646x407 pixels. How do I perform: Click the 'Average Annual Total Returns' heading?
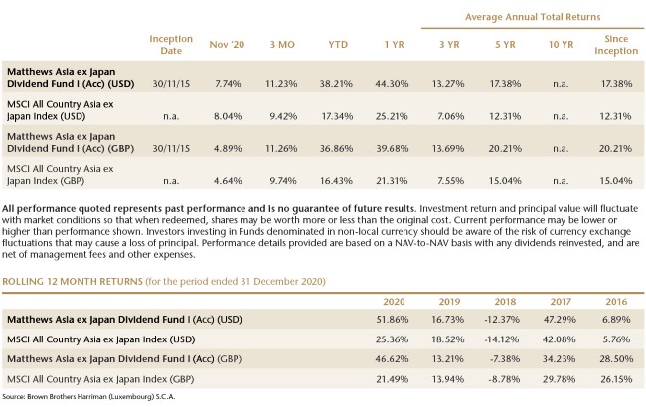[x=533, y=17]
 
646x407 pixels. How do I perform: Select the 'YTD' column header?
[x=338, y=44]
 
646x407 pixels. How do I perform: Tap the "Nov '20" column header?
[x=227, y=44]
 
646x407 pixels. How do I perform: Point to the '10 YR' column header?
[x=561, y=44]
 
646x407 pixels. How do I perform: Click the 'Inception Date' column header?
[x=171, y=44]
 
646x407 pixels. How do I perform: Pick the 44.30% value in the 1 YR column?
[x=392, y=84]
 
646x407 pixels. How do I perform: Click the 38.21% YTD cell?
[x=336, y=84]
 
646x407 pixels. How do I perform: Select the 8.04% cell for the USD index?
[x=228, y=116]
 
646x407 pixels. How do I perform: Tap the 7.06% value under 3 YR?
[x=451, y=116]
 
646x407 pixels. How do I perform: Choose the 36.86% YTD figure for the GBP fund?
[x=336, y=148]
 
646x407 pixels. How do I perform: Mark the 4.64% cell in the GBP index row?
[x=228, y=181]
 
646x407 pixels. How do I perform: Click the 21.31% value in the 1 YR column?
[x=392, y=181]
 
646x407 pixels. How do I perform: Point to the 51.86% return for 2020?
[x=393, y=319]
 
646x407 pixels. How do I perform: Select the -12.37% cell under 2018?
[x=502, y=319]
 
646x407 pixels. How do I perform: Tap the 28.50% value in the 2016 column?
[x=616, y=358]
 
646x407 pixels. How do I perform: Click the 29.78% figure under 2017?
[x=560, y=379]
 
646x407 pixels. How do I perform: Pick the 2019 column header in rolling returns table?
[x=449, y=301]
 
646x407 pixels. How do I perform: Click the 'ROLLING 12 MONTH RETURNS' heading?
[x=73, y=282]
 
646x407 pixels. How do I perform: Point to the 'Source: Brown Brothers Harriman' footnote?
[x=88, y=397]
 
